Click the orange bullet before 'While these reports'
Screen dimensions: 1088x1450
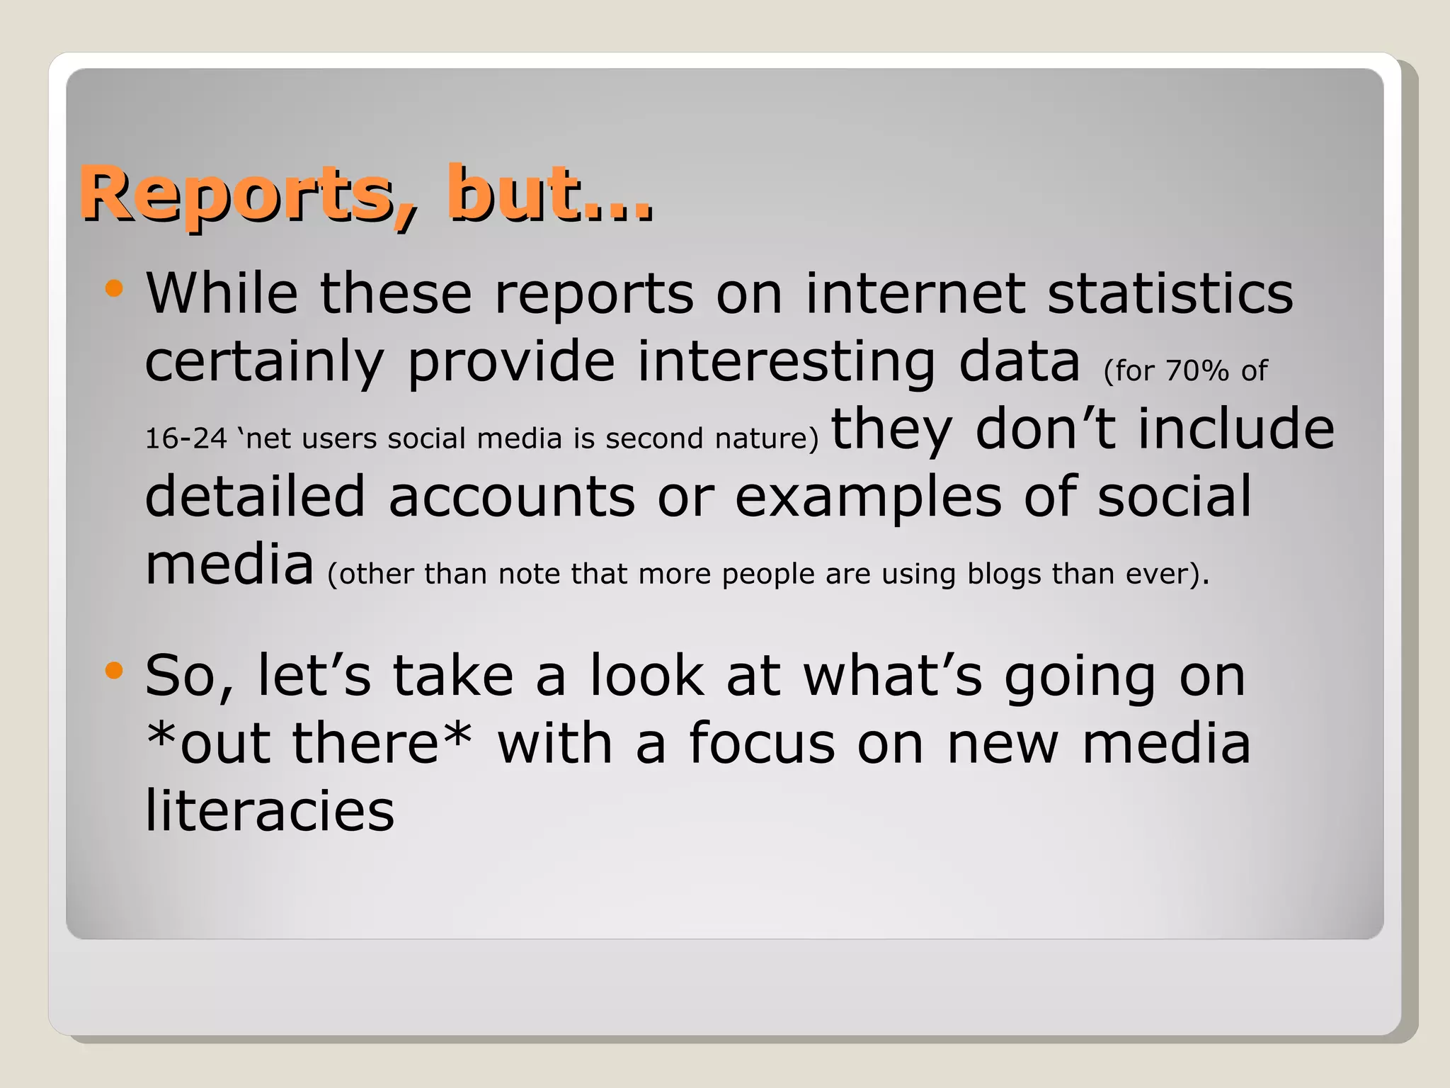click(x=113, y=288)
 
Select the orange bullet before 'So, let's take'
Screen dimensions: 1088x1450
click(x=113, y=670)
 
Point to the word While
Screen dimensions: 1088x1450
click(x=222, y=293)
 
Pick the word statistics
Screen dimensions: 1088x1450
click(x=1170, y=293)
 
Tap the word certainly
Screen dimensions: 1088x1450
click(x=264, y=361)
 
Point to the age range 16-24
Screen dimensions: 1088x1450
click(x=185, y=438)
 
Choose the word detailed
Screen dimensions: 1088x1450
click(x=255, y=497)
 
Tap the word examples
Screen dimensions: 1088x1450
click(x=868, y=497)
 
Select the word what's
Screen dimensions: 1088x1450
click(x=893, y=676)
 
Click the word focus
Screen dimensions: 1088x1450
click(x=762, y=744)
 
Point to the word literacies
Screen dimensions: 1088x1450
click(x=270, y=811)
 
